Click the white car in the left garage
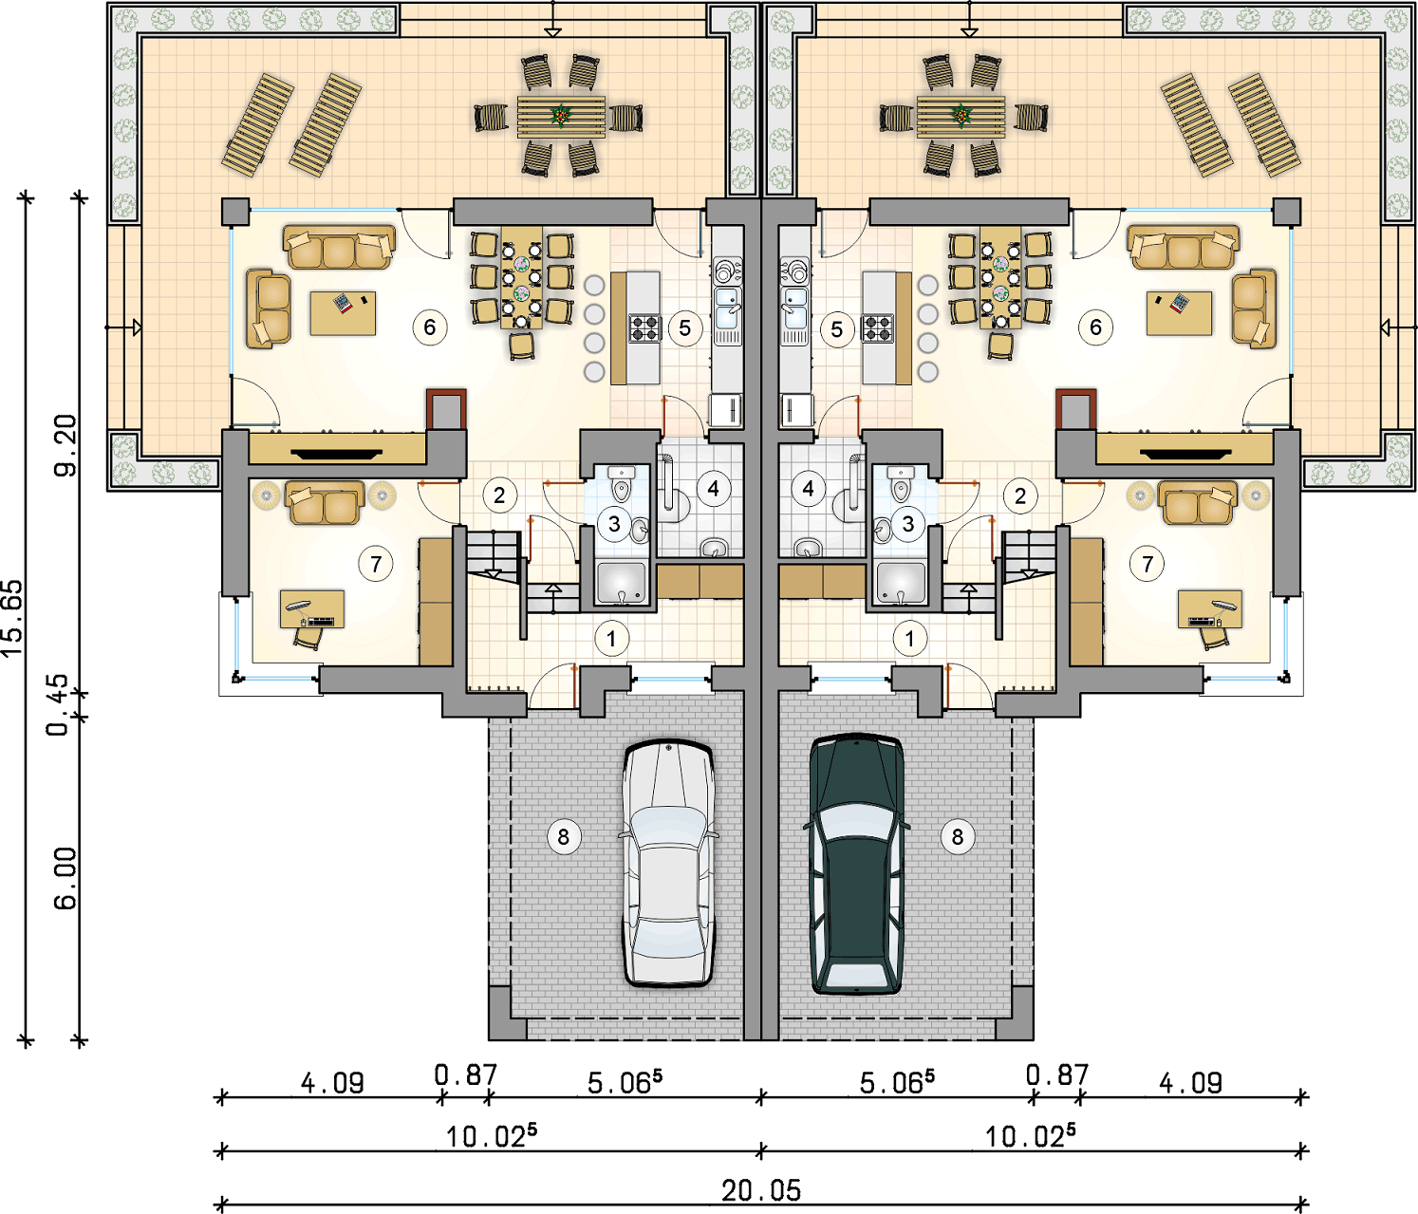(x=668, y=863)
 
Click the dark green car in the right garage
(x=856, y=864)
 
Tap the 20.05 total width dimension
(x=761, y=1190)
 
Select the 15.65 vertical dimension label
(x=13, y=620)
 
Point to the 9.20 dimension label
(x=66, y=445)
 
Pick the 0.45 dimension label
(x=58, y=704)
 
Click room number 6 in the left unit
(x=429, y=327)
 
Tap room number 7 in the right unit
(x=1147, y=564)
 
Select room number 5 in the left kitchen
(x=684, y=328)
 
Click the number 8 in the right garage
(x=957, y=836)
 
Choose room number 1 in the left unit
(x=611, y=639)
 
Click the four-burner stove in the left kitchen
(x=644, y=327)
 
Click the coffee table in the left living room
(x=343, y=313)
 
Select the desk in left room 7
(x=312, y=608)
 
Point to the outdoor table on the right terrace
(x=961, y=117)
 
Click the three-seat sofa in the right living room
(x=1184, y=247)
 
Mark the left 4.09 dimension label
(x=332, y=1083)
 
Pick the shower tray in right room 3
(x=901, y=584)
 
